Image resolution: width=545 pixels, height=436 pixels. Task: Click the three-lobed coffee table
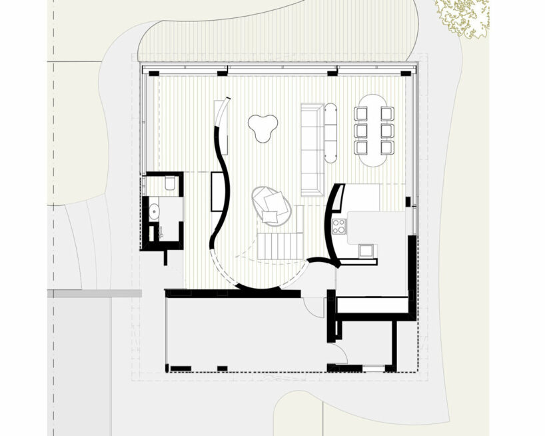263,126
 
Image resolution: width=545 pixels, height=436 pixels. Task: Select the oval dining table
374,131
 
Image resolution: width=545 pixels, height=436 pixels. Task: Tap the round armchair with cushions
271,204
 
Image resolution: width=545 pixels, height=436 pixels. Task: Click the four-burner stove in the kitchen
338,227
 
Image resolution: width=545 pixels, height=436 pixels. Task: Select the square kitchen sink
365,250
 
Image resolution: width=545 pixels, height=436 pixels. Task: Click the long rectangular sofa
311,149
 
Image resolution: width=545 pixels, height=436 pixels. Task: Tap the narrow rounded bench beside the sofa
331,133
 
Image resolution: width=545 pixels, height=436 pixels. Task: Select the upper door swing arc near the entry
312,305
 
